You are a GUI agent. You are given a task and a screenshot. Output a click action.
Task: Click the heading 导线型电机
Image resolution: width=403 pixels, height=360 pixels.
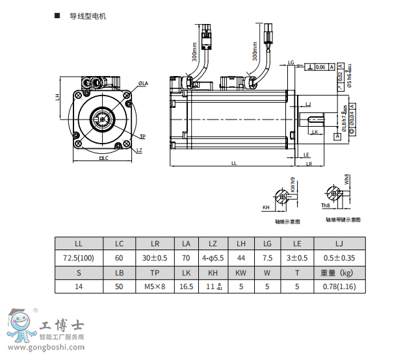click(87, 16)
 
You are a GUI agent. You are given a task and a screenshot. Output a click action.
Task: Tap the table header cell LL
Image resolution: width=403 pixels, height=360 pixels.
click(79, 244)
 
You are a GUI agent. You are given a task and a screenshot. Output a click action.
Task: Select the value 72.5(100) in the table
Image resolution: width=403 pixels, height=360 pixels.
click(79, 258)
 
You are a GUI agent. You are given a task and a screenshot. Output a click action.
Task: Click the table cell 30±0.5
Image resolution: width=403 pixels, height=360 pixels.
click(155, 258)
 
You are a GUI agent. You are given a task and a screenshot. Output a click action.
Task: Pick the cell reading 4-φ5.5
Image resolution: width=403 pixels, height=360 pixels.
click(213, 258)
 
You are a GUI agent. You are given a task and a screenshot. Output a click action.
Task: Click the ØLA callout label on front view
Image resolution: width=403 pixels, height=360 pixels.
click(143, 84)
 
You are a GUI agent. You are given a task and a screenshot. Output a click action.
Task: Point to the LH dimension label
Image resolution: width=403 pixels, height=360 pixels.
click(58, 96)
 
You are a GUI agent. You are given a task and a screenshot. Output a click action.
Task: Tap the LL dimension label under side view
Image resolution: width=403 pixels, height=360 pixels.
click(234, 163)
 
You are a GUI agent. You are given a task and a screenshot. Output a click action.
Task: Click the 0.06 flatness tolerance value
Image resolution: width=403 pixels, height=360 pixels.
click(320, 67)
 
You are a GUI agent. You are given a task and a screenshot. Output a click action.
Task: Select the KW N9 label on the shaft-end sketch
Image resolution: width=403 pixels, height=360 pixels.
click(293, 185)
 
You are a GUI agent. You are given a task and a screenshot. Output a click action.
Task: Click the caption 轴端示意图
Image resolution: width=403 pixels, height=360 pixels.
click(287, 221)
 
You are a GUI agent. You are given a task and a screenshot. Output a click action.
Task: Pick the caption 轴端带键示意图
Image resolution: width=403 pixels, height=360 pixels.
click(344, 220)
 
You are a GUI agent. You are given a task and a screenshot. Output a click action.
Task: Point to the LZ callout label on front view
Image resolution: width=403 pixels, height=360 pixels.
click(139, 150)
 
